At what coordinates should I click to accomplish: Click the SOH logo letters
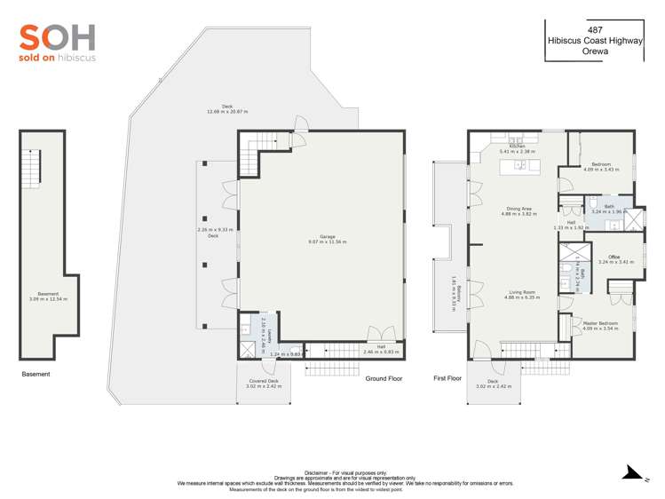[x=57, y=37]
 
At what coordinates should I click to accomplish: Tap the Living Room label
[x=521, y=292]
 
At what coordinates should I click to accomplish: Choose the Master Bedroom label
[x=601, y=323]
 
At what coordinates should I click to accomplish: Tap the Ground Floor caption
[x=384, y=378]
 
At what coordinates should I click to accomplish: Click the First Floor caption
[x=447, y=378]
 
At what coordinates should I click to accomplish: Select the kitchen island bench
[x=520, y=166]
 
